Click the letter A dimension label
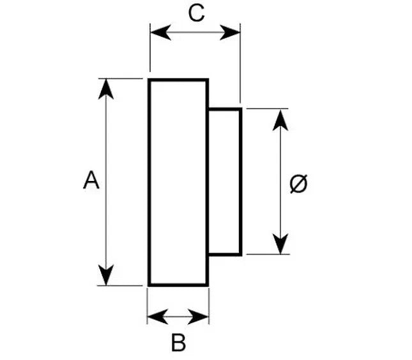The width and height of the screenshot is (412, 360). [91, 180]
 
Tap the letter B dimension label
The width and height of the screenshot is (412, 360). [179, 342]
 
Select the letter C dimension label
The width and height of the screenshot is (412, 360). [196, 13]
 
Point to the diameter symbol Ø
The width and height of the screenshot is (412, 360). [298, 184]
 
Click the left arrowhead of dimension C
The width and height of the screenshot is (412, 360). [160, 33]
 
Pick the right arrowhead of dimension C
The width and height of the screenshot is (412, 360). [230, 33]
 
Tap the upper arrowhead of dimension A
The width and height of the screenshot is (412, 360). [106, 89]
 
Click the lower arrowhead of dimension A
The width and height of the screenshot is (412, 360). [106, 275]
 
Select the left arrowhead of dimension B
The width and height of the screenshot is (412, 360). [158, 317]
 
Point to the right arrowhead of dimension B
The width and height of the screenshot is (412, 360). [199, 317]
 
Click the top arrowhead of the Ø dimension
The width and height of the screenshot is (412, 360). [280, 120]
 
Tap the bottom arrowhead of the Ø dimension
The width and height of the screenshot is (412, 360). [280, 244]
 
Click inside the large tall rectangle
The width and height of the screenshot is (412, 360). [178, 182]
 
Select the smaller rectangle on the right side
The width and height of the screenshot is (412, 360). [225, 182]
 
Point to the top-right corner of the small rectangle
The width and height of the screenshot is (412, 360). [241, 109]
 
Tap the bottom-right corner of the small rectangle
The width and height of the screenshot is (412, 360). [241, 254]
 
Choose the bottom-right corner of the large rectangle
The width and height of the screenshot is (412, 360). [208, 285]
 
